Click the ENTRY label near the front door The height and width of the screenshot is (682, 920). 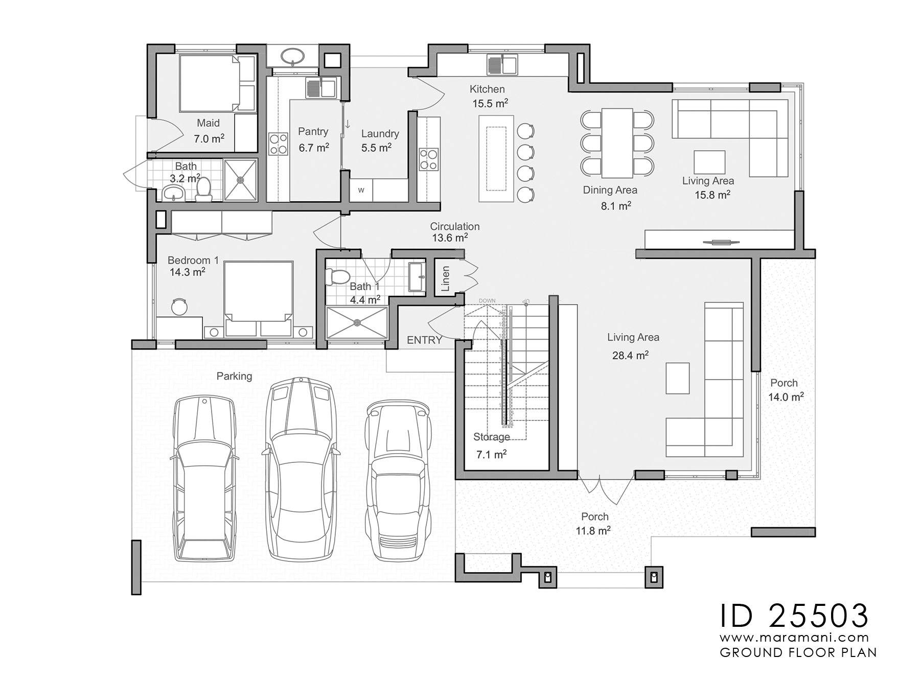(x=424, y=340)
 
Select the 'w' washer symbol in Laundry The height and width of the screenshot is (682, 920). (x=361, y=191)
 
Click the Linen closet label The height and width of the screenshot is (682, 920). (x=445, y=278)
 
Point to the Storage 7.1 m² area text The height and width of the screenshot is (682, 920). (x=491, y=454)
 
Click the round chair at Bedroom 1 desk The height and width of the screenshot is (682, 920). (x=179, y=307)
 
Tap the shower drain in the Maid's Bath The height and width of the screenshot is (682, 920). (x=240, y=179)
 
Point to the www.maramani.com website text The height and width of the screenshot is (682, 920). (x=794, y=638)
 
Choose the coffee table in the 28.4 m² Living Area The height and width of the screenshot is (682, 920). (x=677, y=378)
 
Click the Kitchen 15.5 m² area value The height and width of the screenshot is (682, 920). (x=490, y=104)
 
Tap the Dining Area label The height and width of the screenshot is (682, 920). (x=610, y=190)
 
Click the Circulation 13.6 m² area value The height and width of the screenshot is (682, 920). (x=450, y=238)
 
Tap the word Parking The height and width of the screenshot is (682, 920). (x=234, y=376)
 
